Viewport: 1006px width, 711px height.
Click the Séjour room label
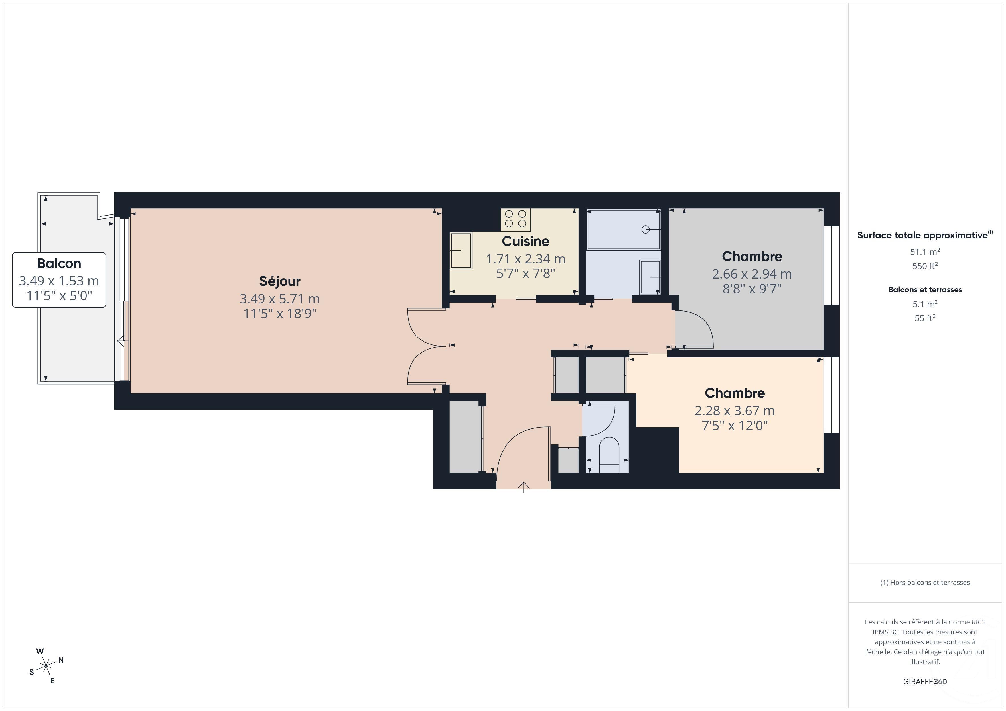[279, 281]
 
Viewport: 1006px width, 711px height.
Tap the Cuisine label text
[525, 241]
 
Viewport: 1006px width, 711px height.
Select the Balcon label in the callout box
[59, 263]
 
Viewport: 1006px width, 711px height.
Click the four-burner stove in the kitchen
[515, 219]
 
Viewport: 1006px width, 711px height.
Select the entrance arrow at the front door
[524, 487]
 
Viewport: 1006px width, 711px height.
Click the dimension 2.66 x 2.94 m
[751, 274]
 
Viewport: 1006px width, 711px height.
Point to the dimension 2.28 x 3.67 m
[734, 411]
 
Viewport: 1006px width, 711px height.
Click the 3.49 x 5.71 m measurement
[279, 299]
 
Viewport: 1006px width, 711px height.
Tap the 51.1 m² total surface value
[924, 252]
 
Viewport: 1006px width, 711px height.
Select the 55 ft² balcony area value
[924, 318]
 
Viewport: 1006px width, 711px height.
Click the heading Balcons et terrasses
[924, 289]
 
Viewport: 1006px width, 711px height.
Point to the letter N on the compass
[61, 660]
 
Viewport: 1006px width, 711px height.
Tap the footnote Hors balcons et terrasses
[924, 582]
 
